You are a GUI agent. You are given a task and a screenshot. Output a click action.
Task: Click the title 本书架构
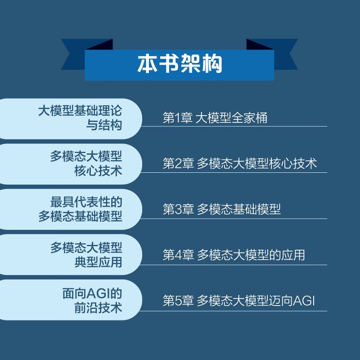[x=180, y=64]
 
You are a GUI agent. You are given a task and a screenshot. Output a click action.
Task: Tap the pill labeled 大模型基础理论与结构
[x=72, y=118]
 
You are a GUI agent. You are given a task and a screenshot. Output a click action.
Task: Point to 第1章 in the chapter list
[x=178, y=118]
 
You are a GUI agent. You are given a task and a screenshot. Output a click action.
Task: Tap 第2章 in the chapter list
[x=178, y=164]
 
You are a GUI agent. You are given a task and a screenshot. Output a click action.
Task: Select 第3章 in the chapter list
[x=178, y=209]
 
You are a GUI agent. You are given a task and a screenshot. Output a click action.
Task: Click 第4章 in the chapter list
[x=178, y=255]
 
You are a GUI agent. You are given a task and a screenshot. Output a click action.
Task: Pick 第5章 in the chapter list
[x=178, y=300]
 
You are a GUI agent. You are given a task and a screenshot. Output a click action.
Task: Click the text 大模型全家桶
[x=232, y=118]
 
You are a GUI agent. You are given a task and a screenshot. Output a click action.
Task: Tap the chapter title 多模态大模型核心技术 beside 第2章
[x=257, y=164]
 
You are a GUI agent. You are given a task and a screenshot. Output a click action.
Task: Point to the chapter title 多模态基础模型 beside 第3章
[x=239, y=209]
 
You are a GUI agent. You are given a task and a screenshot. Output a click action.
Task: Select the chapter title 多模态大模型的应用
[x=251, y=255]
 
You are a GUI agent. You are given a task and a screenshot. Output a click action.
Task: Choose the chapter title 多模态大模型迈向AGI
[x=256, y=300]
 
